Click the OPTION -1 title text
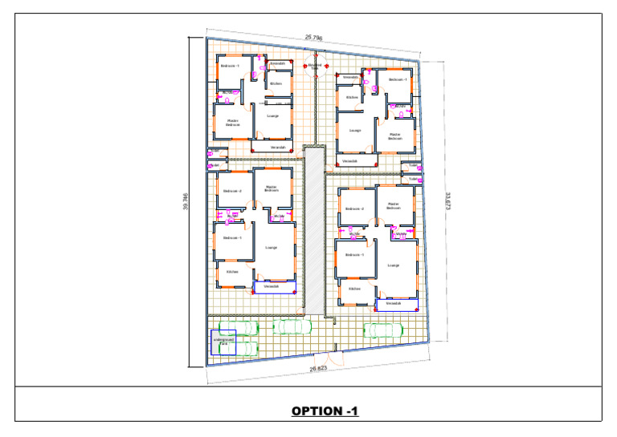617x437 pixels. [325, 411]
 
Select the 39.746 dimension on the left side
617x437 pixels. [186, 202]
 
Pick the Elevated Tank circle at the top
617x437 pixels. [314, 66]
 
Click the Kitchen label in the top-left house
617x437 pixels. [276, 83]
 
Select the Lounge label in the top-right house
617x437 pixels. [355, 130]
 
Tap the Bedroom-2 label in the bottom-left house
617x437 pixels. [232, 191]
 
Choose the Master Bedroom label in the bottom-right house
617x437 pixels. [394, 205]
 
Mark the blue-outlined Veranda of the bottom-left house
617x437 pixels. [272, 286]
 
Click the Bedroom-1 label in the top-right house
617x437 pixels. [398, 80]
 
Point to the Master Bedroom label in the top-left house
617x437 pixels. [233, 123]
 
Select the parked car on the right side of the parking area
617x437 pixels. [383, 330]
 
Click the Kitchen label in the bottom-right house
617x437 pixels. [353, 289]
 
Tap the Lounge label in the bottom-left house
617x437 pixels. [272, 248]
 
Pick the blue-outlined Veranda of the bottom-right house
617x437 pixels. [394, 304]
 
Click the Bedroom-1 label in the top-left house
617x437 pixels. [231, 66]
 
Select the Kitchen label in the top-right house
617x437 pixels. [352, 97]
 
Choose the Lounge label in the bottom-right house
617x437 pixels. [394, 265]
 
